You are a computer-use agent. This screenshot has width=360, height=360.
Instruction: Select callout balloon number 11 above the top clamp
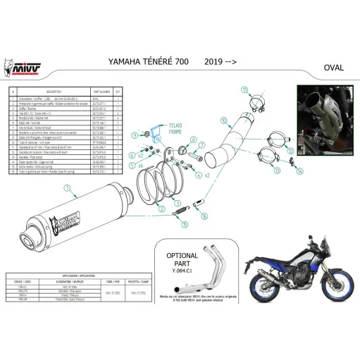point(244,89)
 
